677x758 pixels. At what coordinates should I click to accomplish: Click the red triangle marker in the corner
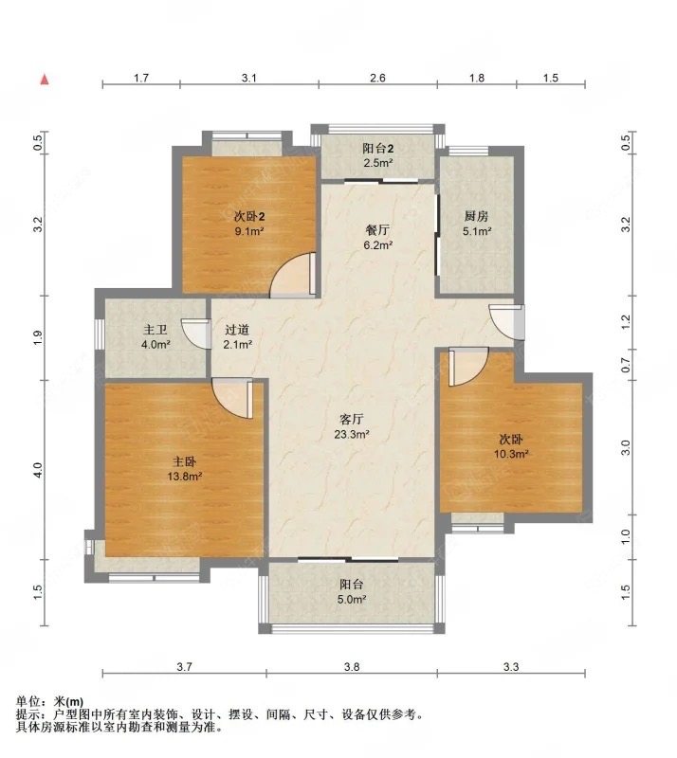pyautogui.click(x=44, y=80)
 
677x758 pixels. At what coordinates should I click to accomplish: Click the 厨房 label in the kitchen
pyautogui.click(x=477, y=215)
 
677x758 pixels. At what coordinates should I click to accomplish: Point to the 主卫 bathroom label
pyautogui.click(x=156, y=330)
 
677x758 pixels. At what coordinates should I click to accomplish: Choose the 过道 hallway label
pyautogui.click(x=237, y=330)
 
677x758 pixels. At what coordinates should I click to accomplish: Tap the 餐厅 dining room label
pyautogui.click(x=379, y=229)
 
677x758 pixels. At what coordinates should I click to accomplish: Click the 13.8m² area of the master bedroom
pyautogui.click(x=183, y=478)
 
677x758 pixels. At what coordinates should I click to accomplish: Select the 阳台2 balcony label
pyautogui.click(x=378, y=149)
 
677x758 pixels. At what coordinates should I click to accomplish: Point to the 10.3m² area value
pyautogui.click(x=511, y=454)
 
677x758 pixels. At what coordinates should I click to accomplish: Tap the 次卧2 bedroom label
pyautogui.click(x=248, y=214)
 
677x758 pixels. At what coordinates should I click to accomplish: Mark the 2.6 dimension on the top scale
pyautogui.click(x=376, y=79)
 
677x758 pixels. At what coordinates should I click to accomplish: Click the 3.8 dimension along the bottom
pyautogui.click(x=351, y=668)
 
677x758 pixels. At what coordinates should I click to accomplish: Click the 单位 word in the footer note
pyautogui.click(x=29, y=701)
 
